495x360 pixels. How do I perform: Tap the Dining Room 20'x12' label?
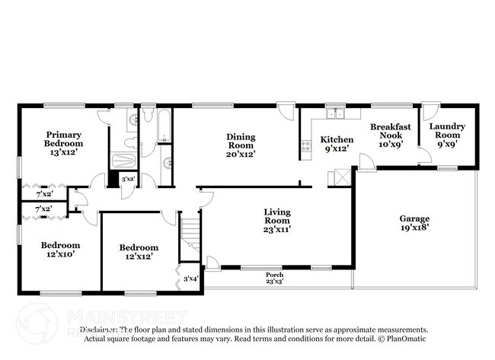(241, 145)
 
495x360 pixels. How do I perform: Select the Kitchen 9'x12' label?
(336, 145)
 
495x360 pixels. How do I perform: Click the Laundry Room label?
(447, 135)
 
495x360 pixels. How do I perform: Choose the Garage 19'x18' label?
(414, 223)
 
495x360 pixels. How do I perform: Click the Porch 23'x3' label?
(274, 278)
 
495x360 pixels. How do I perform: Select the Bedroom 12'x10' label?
(60, 250)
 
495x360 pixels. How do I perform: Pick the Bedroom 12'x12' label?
(139, 252)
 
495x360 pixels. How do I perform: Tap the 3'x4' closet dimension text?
(190, 279)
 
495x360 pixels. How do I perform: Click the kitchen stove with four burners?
(306, 145)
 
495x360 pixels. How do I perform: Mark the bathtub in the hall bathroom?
(168, 125)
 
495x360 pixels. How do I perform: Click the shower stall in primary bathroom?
(123, 161)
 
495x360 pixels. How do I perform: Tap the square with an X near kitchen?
(337, 179)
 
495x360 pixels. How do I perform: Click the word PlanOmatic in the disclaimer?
(405, 339)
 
